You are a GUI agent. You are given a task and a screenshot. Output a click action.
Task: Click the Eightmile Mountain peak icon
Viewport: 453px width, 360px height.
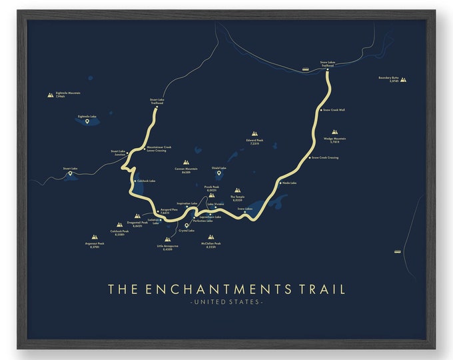click(51, 95)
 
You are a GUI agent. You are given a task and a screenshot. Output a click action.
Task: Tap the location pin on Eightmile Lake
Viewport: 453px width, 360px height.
click(87, 122)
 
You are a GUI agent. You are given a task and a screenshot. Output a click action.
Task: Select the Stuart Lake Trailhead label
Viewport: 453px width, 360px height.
click(157, 101)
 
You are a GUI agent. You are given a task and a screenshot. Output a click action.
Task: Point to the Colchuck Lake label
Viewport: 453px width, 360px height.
click(146, 181)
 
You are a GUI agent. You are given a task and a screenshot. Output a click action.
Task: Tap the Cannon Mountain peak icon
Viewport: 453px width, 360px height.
click(187, 162)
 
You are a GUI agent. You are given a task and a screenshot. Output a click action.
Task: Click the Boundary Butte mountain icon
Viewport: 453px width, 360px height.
click(404, 79)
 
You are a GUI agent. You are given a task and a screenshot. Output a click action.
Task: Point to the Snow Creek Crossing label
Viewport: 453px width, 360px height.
click(325, 158)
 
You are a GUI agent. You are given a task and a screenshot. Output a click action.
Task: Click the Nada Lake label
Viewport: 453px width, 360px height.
click(289, 182)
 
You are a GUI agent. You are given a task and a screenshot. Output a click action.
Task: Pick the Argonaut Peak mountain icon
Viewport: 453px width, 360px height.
click(95, 237)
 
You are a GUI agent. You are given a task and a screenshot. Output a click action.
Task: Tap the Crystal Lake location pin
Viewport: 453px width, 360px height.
click(187, 225)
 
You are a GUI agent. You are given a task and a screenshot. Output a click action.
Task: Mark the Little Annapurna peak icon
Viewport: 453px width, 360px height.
click(168, 238)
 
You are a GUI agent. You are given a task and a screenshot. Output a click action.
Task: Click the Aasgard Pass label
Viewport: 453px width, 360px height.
click(169, 211)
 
